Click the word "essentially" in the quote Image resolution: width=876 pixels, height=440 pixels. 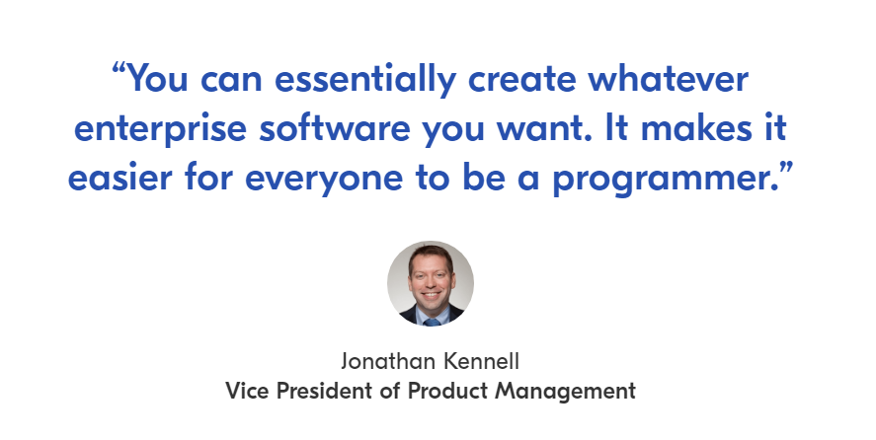click(365, 79)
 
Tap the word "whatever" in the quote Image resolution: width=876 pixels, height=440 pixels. click(668, 78)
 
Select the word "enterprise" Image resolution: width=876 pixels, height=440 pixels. click(160, 128)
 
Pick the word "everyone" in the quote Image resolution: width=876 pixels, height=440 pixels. click(324, 179)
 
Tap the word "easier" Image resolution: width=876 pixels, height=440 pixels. click(119, 177)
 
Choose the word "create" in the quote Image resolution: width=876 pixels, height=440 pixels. click(521, 79)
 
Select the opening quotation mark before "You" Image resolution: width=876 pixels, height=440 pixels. click(119, 69)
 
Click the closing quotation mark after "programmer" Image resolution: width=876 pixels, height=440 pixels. click(785, 168)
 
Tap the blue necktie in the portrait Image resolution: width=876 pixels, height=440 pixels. click(432, 323)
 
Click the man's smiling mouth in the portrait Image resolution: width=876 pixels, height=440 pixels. click(431, 294)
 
